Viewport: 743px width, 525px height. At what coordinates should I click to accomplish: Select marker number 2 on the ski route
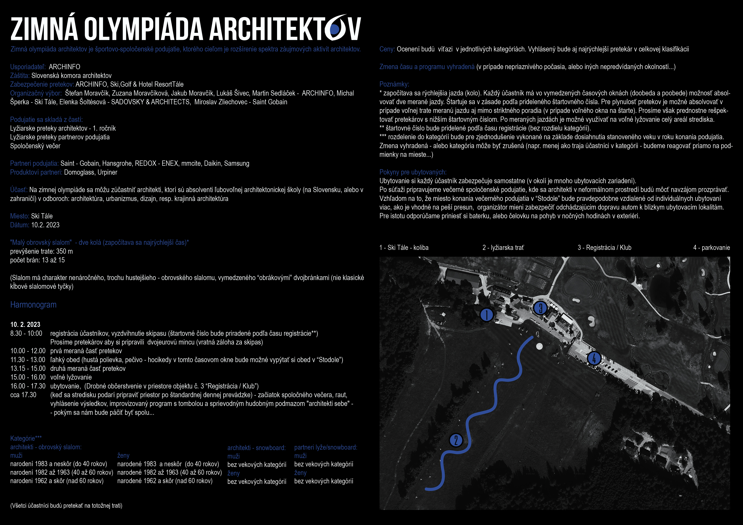pos(456,440)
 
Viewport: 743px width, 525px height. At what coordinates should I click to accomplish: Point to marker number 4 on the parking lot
pos(594,358)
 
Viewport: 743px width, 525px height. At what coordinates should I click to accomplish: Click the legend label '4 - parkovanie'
pos(711,247)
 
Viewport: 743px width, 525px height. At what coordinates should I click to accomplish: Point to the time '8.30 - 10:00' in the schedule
pos(26,333)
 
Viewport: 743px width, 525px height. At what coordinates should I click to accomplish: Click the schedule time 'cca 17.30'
pos(23,395)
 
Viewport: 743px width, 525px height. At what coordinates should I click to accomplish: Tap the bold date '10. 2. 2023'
pos(25,324)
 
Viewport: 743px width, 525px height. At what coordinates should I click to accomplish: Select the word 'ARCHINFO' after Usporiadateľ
pos(64,67)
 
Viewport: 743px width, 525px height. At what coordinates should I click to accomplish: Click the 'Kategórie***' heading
pos(26,438)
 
